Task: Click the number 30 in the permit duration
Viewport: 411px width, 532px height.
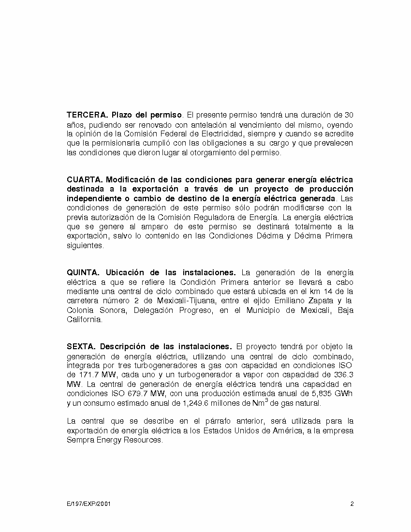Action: pyautogui.click(x=349, y=115)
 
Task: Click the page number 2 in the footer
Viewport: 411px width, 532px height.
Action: pyautogui.click(x=352, y=504)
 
